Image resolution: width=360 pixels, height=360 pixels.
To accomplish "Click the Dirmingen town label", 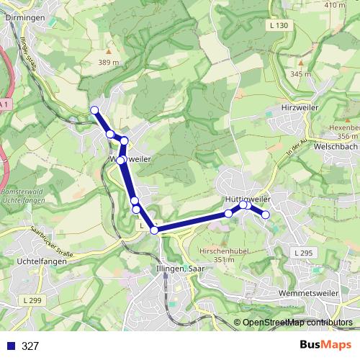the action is (x=24, y=17).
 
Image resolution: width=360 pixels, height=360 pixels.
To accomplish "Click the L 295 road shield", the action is (x=303, y=253).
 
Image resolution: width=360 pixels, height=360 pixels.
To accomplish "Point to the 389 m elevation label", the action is (x=109, y=63).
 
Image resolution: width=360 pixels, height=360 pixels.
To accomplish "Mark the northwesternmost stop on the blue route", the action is (x=94, y=109).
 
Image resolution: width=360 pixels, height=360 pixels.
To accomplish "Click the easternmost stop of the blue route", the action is (x=266, y=215).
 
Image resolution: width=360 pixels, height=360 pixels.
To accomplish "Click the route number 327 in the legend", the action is (x=30, y=346).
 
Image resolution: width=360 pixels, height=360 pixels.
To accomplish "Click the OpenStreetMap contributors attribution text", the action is (x=297, y=323).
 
